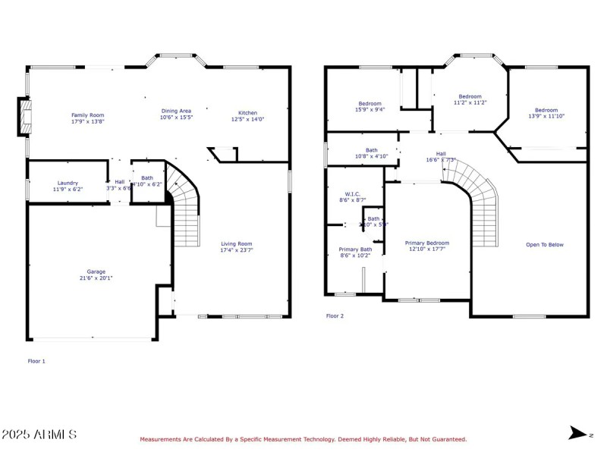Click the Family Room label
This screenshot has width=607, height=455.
87,115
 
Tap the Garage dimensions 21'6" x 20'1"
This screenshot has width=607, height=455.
96,278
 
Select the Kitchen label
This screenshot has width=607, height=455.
247,112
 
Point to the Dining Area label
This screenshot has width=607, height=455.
176,111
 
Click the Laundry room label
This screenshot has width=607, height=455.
68,183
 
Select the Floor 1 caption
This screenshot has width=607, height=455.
36,361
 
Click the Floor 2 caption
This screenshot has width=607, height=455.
335,315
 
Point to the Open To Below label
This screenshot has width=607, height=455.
545,244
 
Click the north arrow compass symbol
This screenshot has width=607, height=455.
578,433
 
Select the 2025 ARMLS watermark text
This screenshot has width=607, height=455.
39,435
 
